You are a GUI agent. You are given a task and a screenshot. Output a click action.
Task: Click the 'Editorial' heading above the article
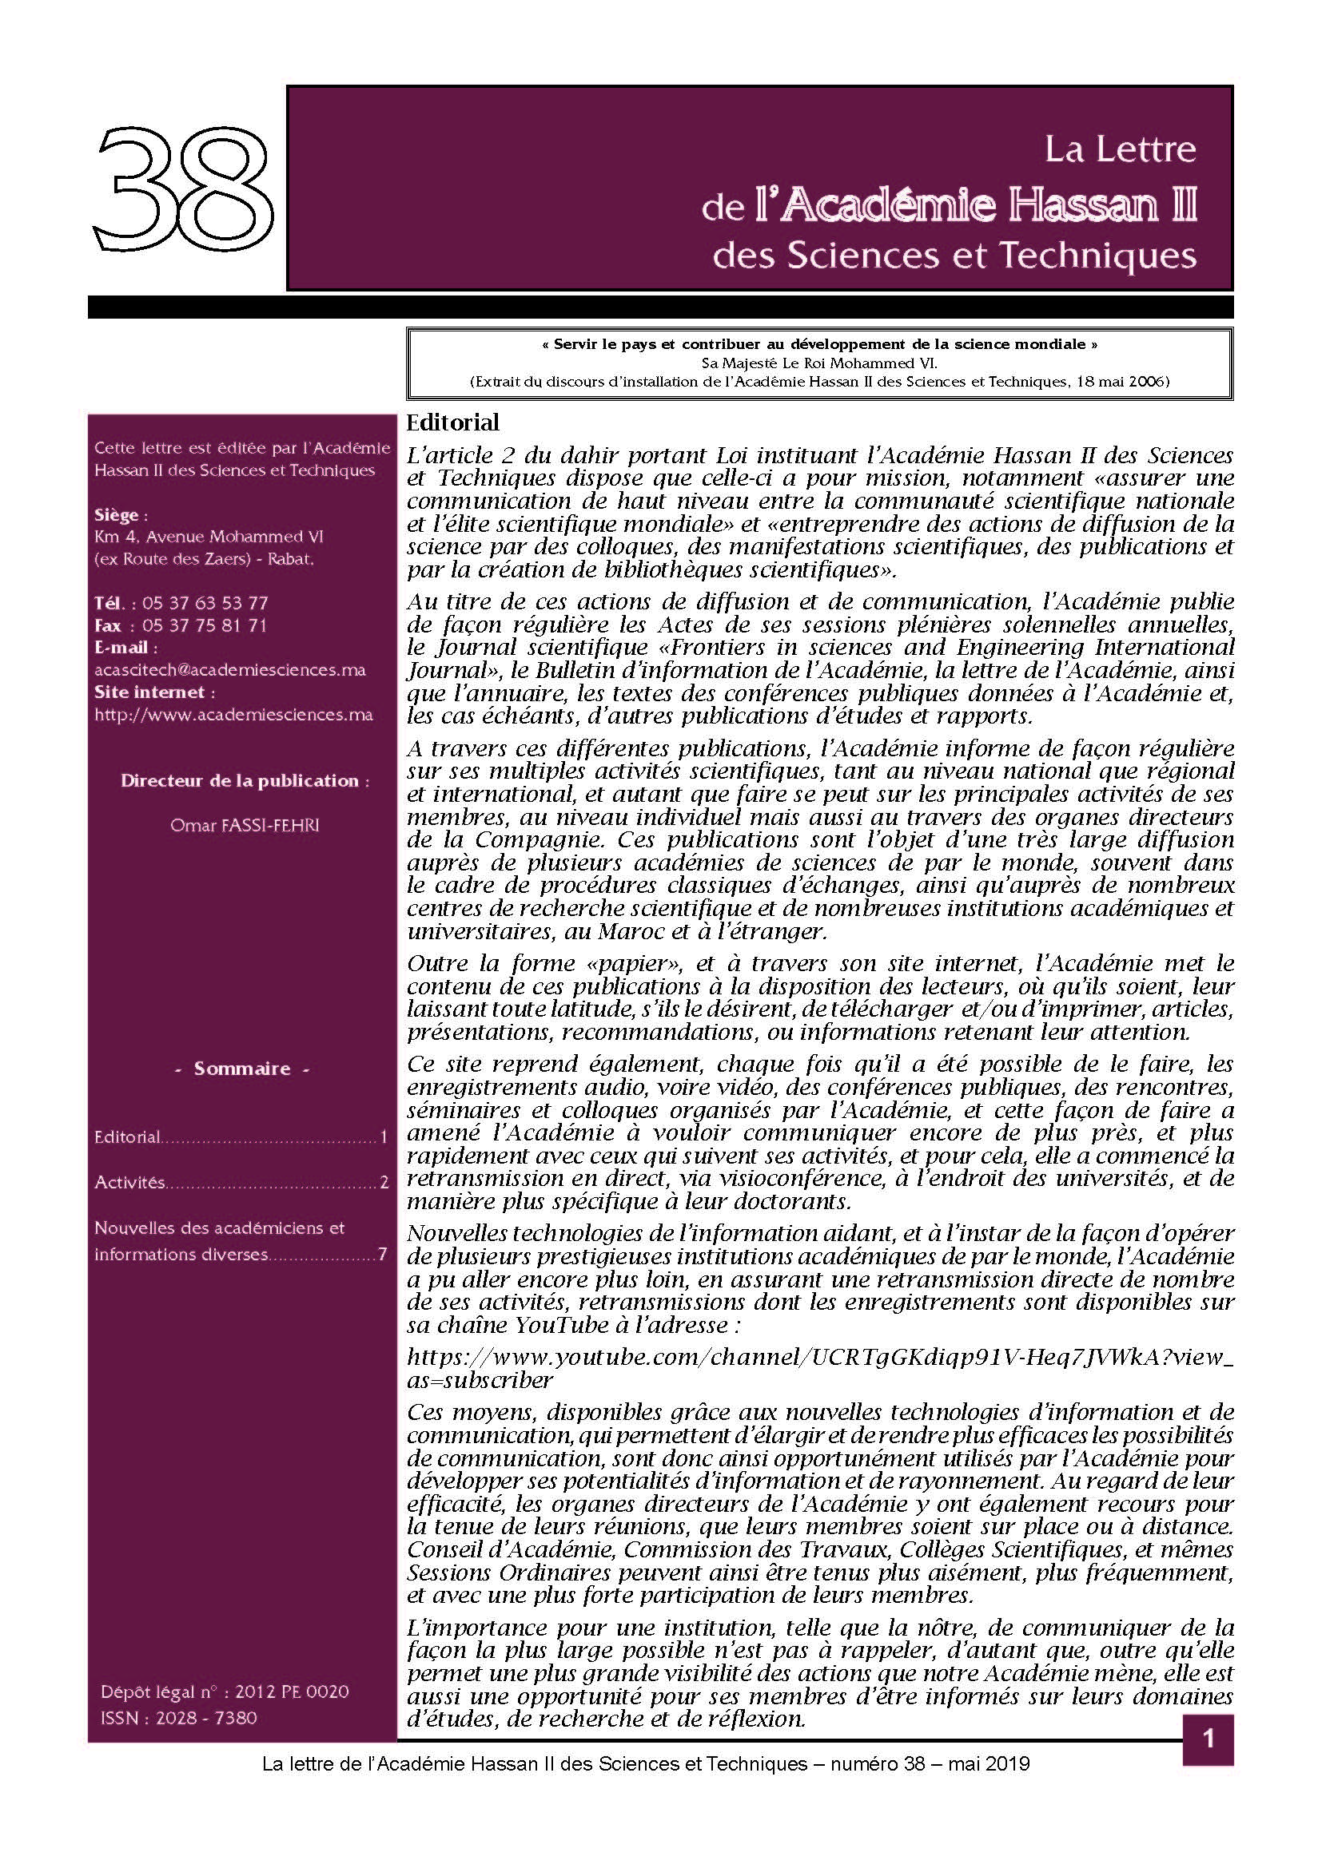(452, 423)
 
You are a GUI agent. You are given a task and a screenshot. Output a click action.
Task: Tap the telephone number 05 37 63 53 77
(205, 603)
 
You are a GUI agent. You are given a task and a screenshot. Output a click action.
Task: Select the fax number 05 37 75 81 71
(205, 625)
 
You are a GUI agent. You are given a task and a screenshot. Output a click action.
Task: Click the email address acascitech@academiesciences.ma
(229, 670)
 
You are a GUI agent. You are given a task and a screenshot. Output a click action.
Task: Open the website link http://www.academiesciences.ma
(233, 715)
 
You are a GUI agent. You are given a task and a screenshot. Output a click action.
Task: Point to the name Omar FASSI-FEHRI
(245, 825)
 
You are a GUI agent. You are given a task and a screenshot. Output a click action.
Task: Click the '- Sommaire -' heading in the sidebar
(241, 1069)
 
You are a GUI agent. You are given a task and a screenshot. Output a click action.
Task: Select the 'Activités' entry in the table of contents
(129, 1182)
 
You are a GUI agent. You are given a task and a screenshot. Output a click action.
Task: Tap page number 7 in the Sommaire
(382, 1254)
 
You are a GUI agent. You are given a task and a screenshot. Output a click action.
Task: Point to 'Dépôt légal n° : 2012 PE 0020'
(225, 1692)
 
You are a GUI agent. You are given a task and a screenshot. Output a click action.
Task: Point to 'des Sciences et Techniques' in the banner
(954, 256)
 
